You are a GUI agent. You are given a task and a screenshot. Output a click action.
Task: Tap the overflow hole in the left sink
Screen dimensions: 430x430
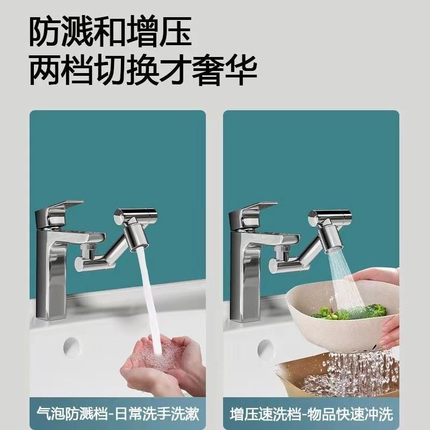click(x=70, y=344)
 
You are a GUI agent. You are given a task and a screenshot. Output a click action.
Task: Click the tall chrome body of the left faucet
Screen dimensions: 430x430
click(x=54, y=279)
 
